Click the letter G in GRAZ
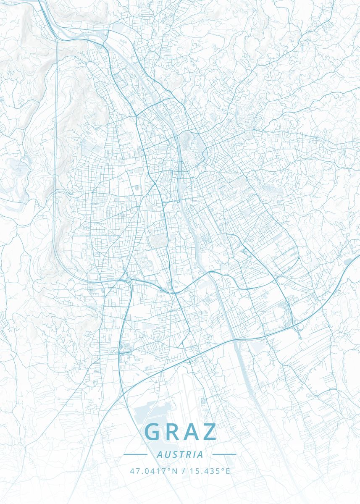153,432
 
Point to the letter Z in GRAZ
210,432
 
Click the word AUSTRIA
180,454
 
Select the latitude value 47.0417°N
154,471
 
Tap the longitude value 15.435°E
210,471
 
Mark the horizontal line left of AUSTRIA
135,454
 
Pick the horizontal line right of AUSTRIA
224,454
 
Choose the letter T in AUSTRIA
181,454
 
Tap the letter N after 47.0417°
175,471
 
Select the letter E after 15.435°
228,471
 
